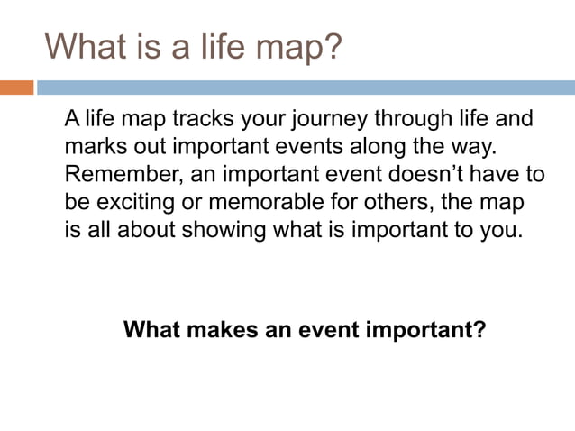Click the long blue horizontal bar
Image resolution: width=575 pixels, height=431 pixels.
[306, 87]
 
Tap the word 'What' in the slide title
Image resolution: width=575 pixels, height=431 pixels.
[86, 46]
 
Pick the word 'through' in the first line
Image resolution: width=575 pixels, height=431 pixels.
[397, 119]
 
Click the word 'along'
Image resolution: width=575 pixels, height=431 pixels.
[390, 146]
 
